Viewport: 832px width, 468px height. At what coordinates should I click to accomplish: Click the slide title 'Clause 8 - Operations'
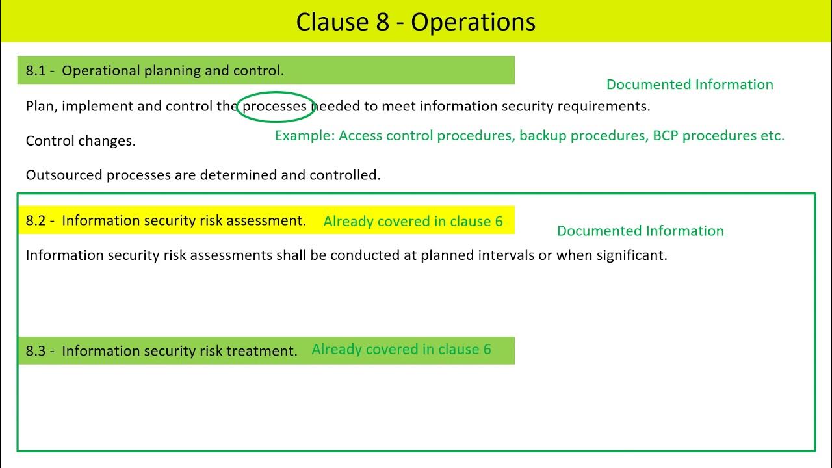click(x=415, y=22)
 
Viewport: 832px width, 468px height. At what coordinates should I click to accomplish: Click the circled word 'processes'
click(x=274, y=107)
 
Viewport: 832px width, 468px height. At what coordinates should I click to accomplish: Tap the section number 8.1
click(x=36, y=71)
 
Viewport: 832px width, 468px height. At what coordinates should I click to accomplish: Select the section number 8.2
click(x=36, y=221)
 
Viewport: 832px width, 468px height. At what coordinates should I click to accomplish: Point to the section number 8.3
click(x=36, y=351)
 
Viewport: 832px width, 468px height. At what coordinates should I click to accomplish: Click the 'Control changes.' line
click(x=81, y=141)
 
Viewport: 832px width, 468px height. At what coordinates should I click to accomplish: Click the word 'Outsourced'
click(x=64, y=175)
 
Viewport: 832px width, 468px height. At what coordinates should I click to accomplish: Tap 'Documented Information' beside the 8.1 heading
click(x=690, y=84)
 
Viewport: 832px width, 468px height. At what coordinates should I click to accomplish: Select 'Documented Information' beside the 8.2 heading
click(x=640, y=231)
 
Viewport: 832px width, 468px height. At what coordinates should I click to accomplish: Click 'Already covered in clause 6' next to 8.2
click(x=413, y=222)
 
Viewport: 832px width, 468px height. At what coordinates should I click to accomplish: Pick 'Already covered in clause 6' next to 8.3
click(x=401, y=350)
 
